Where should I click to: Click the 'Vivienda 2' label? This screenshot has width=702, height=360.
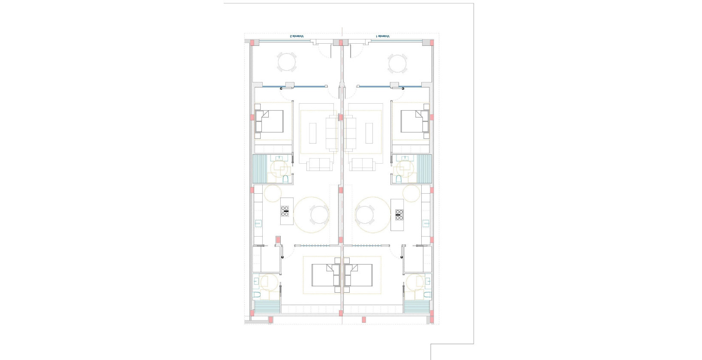(297, 36)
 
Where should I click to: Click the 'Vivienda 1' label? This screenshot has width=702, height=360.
(383, 36)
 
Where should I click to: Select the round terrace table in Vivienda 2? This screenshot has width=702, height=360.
(286, 63)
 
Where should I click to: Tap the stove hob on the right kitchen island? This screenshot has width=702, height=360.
(399, 215)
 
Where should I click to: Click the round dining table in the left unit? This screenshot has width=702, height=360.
(319, 215)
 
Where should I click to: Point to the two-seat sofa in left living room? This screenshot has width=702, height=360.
(318, 164)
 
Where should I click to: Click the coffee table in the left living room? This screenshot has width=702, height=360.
(313, 133)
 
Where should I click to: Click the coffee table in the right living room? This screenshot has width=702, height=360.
(369, 133)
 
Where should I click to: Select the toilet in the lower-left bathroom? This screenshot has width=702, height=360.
(256, 294)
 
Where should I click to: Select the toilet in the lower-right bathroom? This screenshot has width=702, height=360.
(427, 294)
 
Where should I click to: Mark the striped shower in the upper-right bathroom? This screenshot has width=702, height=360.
(424, 169)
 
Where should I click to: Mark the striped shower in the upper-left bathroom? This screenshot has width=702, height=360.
(260, 169)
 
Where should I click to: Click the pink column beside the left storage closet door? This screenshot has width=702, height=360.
(278, 240)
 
